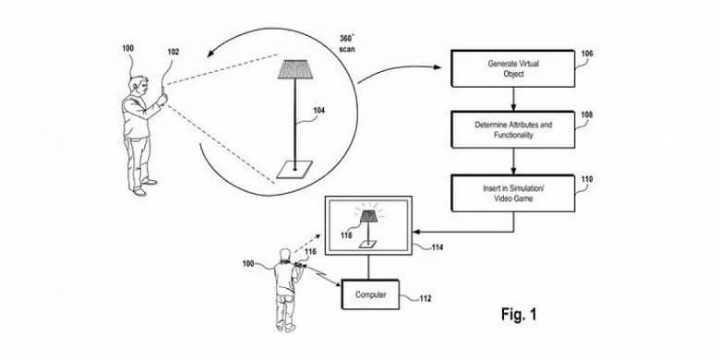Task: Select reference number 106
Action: (x=587, y=54)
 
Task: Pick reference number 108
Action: (x=587, y=115)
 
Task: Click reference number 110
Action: (x=587, y=179)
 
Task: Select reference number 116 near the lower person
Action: (x=311, y=251)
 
